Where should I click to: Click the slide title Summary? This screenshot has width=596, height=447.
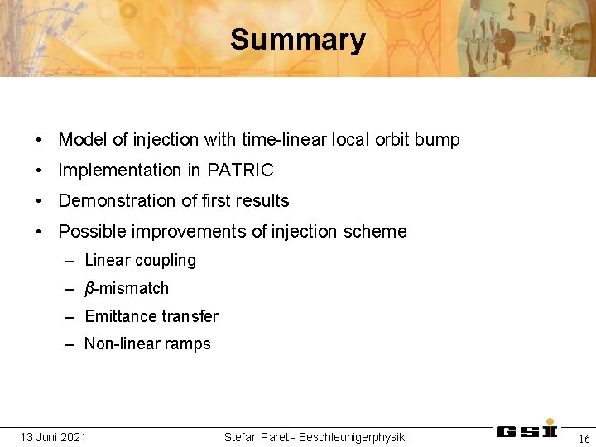[297, 40]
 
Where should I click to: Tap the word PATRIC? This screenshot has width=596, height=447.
[240, 171]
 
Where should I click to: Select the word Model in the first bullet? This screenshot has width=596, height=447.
[82, 140]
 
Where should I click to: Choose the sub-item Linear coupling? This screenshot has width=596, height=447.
[140, 260]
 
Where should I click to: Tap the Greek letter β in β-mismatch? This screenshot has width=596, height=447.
[89, 289]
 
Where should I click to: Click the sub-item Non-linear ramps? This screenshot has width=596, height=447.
[147, 344]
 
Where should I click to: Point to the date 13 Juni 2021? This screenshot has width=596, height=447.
[53, 436]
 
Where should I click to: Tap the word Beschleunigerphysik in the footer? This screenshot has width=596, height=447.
[352, 436]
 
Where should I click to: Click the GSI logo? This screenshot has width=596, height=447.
[526, 430]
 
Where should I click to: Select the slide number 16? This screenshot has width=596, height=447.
[584, 438]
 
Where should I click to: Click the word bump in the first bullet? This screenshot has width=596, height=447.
[440, 140]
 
